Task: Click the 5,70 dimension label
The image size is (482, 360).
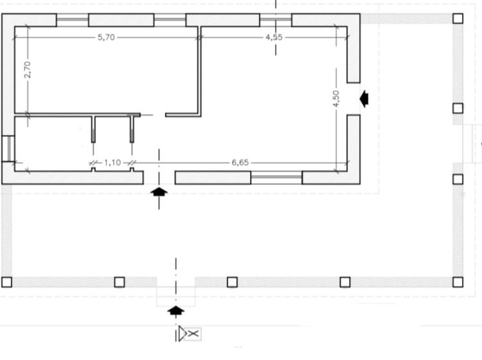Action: coord(106,37)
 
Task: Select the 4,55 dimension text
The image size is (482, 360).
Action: coord(274,37)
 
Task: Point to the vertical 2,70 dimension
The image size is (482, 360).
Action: coord(28,70)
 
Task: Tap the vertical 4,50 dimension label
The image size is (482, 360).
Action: coord(336,99)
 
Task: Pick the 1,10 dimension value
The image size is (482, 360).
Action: coord(112,163)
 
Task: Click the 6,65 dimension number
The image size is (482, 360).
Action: coord(240,163)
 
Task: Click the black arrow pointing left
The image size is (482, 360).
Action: coord(364,99)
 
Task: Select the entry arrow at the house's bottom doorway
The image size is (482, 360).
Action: coord(159,192)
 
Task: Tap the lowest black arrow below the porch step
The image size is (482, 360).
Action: coord(176,310)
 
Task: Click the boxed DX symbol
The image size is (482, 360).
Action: coord(190,334)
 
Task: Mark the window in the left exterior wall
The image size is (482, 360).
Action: coord(8,148)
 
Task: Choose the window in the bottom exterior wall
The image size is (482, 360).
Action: coord(276,177)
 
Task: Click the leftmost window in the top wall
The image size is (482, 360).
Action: coord(73,20)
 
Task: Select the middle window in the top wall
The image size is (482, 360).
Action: coord(170,20)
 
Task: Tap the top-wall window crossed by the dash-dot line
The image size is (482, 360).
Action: coord(276,20)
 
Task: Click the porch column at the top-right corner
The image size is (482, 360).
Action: coord(458,19)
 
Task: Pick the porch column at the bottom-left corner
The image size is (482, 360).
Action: coord(7,282)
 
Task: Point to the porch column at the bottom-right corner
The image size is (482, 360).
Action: coord(458,282)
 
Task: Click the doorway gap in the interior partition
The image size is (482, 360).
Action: coord(153,115)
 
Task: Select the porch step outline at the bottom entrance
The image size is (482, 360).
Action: coord(176,296)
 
